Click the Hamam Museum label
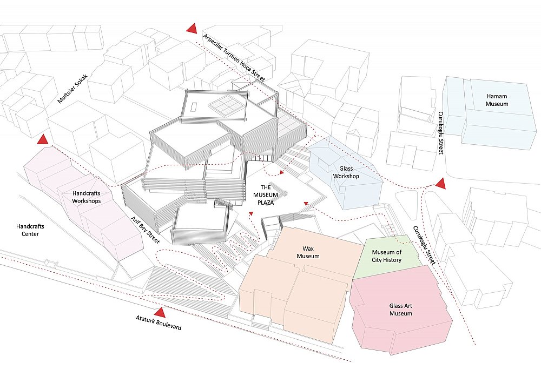tap(497, 100)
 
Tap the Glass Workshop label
tap(346, 172)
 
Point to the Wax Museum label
tap(308, 252)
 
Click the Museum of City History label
tap(386, 256)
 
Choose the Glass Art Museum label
tap(400, 310)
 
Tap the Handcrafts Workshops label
tap(86, 197)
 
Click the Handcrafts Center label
tap(30, 230)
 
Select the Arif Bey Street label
tap(145, 230)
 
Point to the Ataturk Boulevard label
tap(159, 322)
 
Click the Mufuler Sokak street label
tap(73, 89)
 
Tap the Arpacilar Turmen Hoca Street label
tap(234, 58)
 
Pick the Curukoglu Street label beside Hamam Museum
tap(440, 132)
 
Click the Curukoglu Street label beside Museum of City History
tap(424, 245)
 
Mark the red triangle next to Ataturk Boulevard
tap(160, 312)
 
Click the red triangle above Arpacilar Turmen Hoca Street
tap(192, 28)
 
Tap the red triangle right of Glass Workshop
tap(440, 184)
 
